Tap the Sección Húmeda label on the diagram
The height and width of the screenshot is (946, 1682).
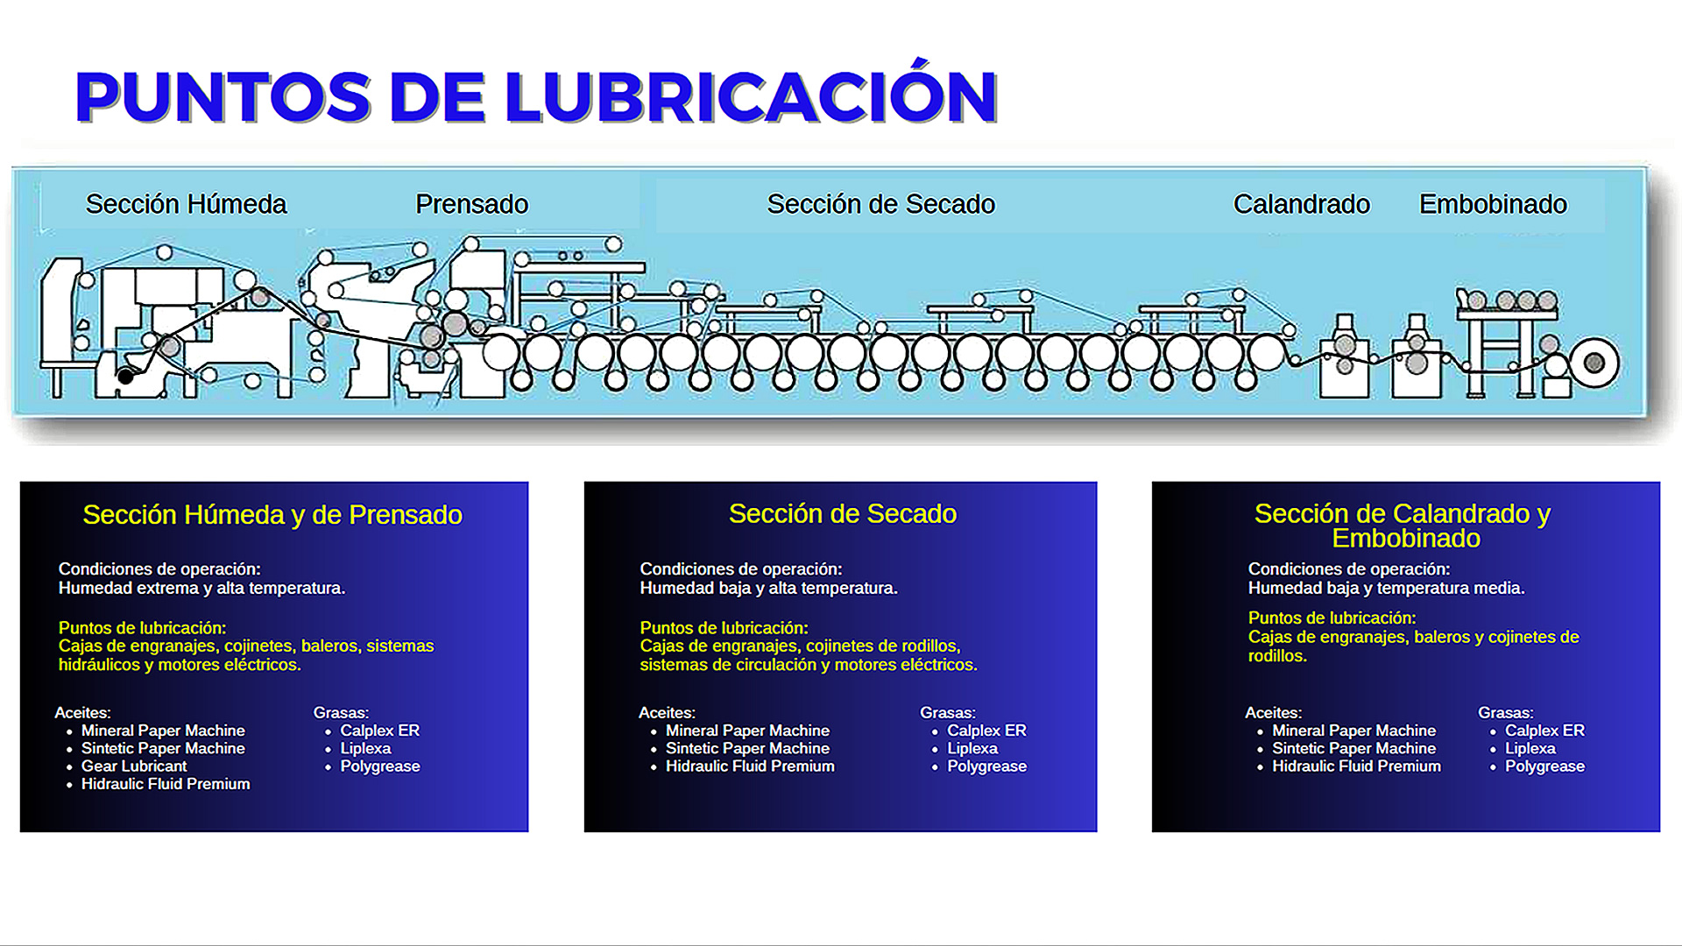pyautogui.click(x=186, y=204)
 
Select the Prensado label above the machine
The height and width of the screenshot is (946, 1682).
pyautogui.click(x=471, y=204)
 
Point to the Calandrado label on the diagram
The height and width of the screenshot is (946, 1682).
pyautogui.click(x=1301, y=204)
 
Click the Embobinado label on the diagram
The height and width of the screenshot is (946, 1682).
pyautogui.click(x=1493, y=204)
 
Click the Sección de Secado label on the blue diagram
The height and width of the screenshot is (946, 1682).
pyautogui.click(x=880, y=204)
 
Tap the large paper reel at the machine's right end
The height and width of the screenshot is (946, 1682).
pyautogui.click(x=1594, y=363)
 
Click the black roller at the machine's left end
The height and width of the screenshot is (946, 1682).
pyautogui.click(x=126, y=377)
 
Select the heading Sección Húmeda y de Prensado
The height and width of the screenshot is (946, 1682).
pyautogui.click(x=272, y=515)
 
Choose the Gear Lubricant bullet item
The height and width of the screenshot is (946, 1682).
pyautogui.click(x=134, y=766)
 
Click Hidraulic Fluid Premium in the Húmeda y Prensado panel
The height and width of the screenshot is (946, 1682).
pyautogui.click(x=166, y=784)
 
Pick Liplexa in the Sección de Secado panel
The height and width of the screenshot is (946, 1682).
pyautogui.click(x=972, y=749)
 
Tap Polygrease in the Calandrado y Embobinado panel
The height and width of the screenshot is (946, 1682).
pyautogui.click(x=1544, y=766)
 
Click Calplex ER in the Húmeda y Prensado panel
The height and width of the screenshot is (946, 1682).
pyautogui.click(x=379, y=731)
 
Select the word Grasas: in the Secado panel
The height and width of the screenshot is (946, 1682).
pyautogui.click(x=947, y=713)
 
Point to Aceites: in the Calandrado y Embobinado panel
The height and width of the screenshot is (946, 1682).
pyautogui.click(x=1273, y=713)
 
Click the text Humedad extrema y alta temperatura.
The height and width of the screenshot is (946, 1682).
pyautogui.click(x=201, y=589)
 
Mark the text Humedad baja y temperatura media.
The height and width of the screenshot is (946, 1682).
pyautogui.click(x=1386, y=589)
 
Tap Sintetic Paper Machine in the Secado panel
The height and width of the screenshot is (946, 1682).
pyautogui.click(x=747, y=749)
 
